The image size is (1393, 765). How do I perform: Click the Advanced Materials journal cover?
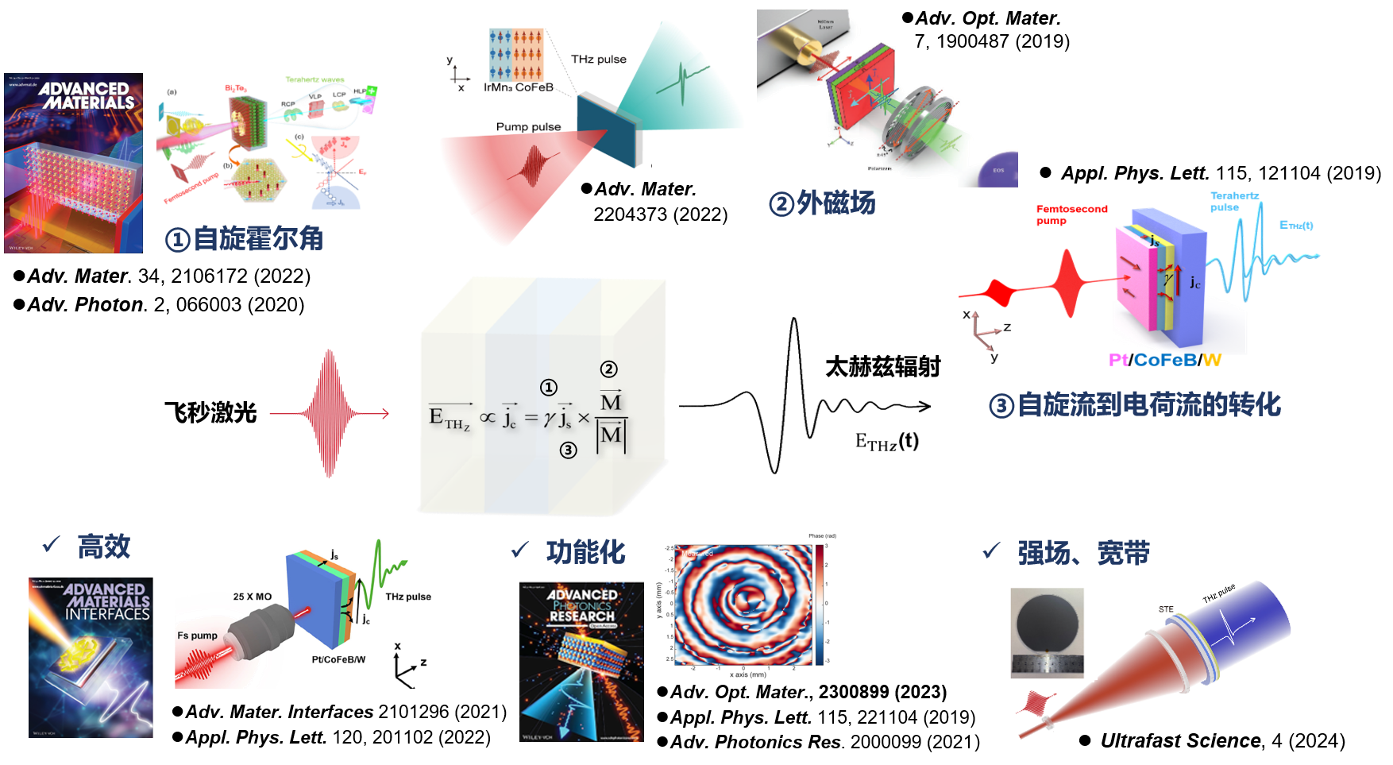[x=73, y=163]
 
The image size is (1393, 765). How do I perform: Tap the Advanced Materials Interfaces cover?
[x=91, y=657]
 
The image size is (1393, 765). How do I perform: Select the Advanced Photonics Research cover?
[x=581, y=662]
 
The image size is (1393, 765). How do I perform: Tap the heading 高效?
[x=103, y=547]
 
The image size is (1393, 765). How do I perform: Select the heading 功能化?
[x=585, y=552]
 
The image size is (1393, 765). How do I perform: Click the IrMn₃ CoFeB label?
[x=518, y=87]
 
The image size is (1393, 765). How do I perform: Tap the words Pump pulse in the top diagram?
[x=528, y=126]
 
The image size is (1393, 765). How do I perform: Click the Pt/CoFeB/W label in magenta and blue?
[x=1164, y=360]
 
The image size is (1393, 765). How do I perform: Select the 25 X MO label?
[x=252, y=597]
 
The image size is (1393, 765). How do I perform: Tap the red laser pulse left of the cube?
[x=329, y=413]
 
